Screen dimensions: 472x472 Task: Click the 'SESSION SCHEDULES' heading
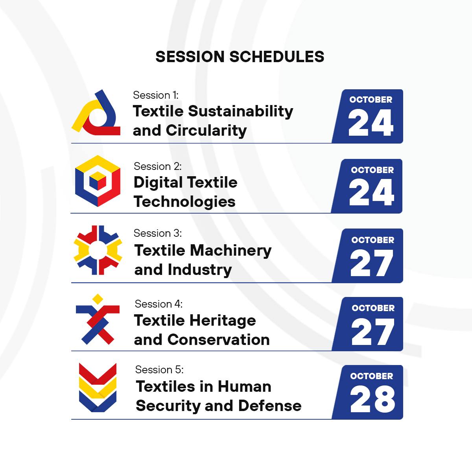pos(240,57)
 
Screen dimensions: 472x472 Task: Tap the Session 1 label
pos(156,95)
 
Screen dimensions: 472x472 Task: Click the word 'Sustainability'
pos(241,112)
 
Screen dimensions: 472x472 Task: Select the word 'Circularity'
pos(206,130)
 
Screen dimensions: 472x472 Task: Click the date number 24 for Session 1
pos(371,122)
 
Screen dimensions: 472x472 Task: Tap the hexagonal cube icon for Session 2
pos(98,181)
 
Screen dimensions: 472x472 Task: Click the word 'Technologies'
pos(184,202)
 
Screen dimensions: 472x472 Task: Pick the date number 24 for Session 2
pos(372,192)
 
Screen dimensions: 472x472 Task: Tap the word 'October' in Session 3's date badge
pos(373,240)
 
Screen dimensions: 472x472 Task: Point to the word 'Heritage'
pos(223,321)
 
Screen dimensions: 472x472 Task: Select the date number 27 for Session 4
pos(373,332)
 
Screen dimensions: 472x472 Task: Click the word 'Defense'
pos(270,406)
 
